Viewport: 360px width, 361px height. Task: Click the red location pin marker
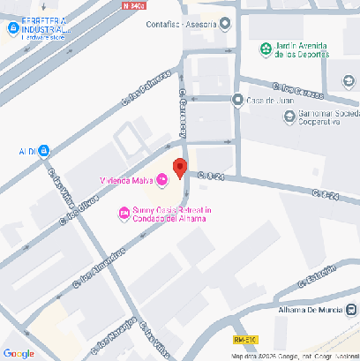(x=179, y=168)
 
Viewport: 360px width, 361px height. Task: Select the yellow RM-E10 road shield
(x=246, y=340)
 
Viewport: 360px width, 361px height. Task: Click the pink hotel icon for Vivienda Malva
(x=162, y=182)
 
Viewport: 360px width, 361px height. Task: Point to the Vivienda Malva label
(x=125, y=182)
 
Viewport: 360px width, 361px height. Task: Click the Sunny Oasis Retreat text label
(x=172, y=214)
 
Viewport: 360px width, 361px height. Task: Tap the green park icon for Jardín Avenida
(x=265, y=49)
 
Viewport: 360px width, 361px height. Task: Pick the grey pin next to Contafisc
(x=226, y=24)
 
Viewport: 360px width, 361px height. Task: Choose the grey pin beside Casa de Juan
(x=236, y=100)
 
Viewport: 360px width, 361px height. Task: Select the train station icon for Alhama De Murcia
(x=351, y=309)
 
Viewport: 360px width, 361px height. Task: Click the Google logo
(x=19, y=353)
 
